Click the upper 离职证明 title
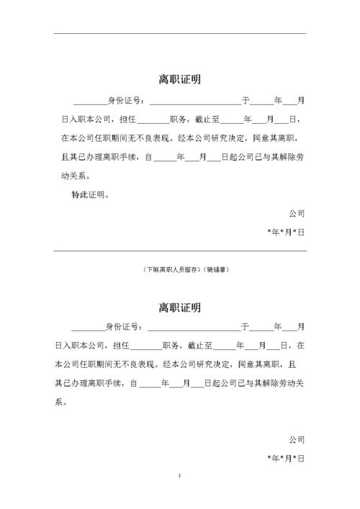[x=180, y=79]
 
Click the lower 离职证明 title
[x=180, y=307]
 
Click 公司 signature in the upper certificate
[x=297, y=214]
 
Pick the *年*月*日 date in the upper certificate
[x=287, y=233]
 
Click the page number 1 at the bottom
[x=179, y=477]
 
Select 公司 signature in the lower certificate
[x=297, y=438]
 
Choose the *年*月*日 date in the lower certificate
[x=287, y=457]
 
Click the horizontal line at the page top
[x=180, y=33]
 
